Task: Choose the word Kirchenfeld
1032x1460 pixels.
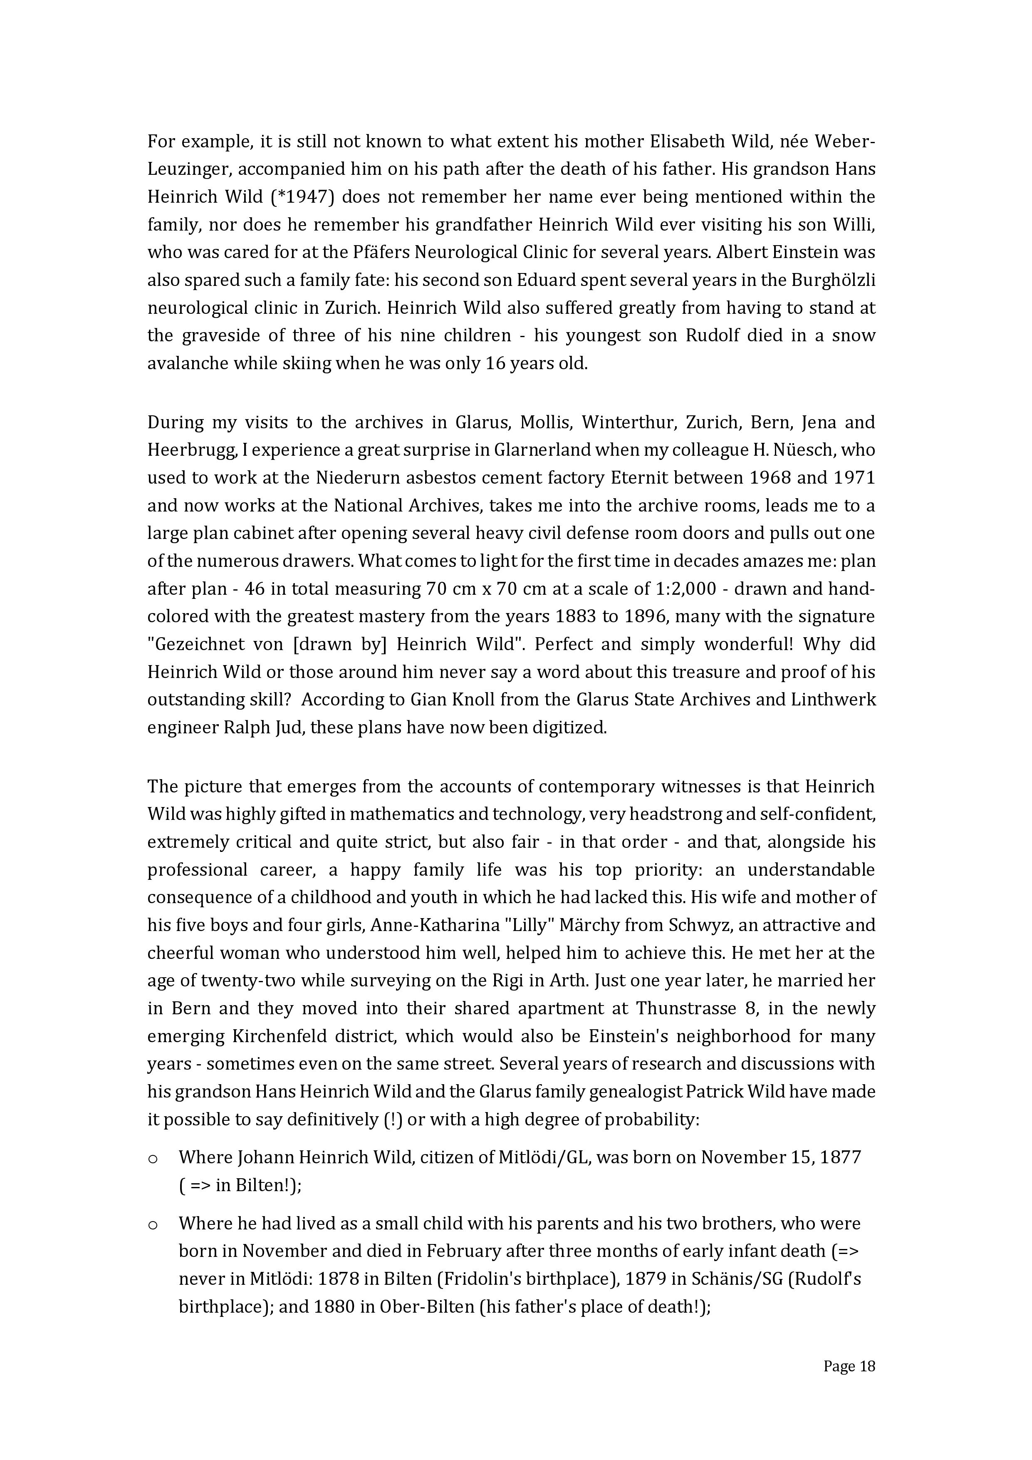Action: pyautogui.click(x=276, y=1036)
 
